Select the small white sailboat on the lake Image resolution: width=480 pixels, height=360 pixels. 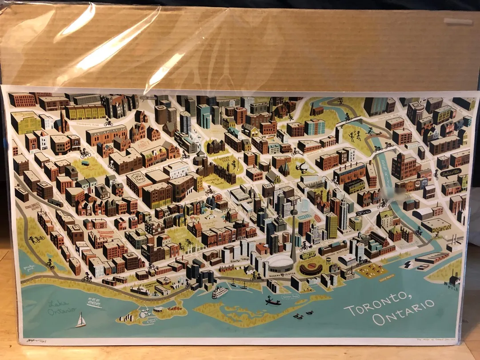click(80, 320)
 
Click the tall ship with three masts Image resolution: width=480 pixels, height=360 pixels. click(94, 303)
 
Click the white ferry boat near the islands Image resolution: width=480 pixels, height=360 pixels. click(220, 293)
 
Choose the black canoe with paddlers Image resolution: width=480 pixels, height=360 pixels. click(273, 302)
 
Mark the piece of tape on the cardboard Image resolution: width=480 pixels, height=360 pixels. click(458, 21)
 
